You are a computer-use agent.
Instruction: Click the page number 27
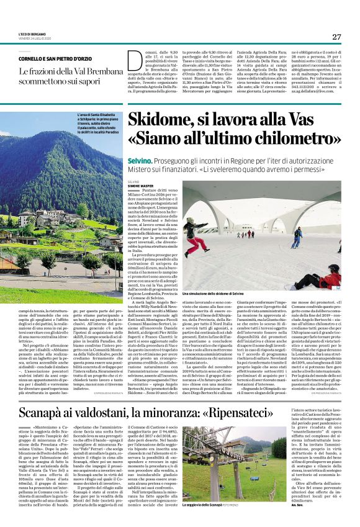coord(336,37)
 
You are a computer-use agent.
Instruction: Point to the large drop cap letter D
coord(136,65)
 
